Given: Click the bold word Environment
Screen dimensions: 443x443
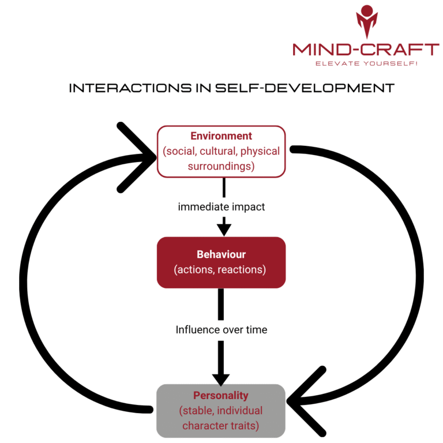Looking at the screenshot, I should click(221, 137).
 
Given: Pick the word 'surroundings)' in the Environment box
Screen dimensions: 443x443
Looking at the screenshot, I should click(221, 166).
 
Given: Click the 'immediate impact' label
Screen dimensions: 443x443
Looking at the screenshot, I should click(221, 207).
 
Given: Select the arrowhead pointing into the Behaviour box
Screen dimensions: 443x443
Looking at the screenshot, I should click(223, 228).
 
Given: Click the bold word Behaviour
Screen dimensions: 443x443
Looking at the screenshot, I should click(221, 254).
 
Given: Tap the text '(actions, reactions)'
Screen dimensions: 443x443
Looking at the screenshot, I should click(221, 269).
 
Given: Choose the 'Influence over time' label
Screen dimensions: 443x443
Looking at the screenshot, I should click(221, 330).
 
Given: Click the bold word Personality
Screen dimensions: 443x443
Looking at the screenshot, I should click(221, 396).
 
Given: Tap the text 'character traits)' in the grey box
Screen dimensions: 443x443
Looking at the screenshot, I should click(221, 426).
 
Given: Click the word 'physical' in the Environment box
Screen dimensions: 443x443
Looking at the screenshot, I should click(260, 151).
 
